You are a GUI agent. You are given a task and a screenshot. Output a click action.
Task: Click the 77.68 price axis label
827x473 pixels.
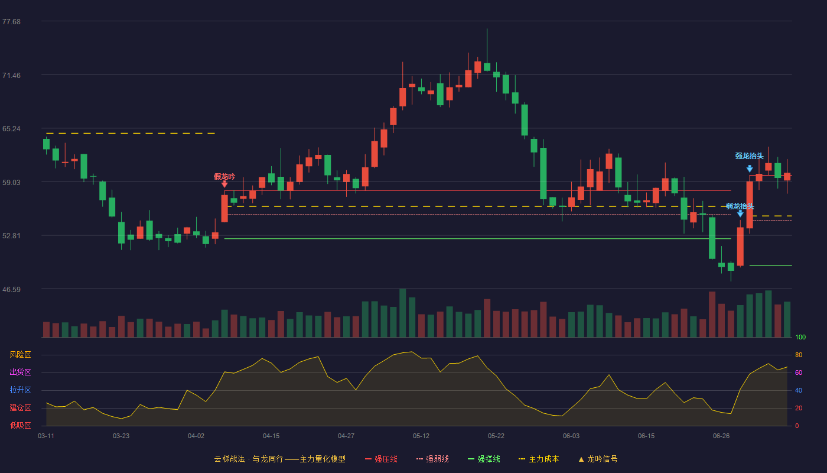click(x=11, y=22)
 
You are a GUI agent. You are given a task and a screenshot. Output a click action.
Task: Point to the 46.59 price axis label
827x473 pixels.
click(x=11, y=289)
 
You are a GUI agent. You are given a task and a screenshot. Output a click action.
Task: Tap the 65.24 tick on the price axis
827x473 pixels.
click(x=11, y=129)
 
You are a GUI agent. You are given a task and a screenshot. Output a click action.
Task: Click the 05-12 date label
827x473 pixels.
click(x=421, y=436)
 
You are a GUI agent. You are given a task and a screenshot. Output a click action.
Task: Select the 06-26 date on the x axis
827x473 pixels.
click(x=721, y=436)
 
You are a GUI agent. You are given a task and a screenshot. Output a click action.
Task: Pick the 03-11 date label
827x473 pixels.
click(x=46, y=436)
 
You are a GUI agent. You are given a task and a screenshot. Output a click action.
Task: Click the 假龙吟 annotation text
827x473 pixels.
click(x=224, y=176)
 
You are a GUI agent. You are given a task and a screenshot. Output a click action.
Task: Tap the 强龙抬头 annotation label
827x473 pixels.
click(x=749, y=155)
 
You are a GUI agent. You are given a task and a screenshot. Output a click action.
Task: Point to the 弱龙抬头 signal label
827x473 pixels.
click(x=740, y=206)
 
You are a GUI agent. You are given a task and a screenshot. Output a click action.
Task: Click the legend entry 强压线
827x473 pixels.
click(x=381, y=459)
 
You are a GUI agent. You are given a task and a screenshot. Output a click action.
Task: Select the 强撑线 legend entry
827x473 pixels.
click(x=484, y=459)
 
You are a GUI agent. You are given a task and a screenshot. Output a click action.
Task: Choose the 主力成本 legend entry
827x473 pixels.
click(x=539, y=459)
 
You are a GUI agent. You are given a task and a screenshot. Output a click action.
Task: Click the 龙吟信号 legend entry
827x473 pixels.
click(x=598, y=459)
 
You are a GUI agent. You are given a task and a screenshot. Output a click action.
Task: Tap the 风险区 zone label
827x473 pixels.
click(x=20, y=354)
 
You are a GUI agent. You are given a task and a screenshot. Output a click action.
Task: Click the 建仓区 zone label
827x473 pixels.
click(x=20, y=407)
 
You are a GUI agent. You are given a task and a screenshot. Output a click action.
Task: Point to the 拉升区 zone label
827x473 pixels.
click(x=20, y=390)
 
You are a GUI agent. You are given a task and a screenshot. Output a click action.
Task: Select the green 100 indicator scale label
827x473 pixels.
click(x=800, y=337)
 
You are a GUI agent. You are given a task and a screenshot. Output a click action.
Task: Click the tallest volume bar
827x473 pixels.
click(x=402, y=313)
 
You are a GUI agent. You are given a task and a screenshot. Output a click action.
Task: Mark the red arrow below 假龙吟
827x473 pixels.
click(x=224, y=184)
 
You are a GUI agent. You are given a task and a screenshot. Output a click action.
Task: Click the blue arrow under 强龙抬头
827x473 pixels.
click(x=750, y=169)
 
